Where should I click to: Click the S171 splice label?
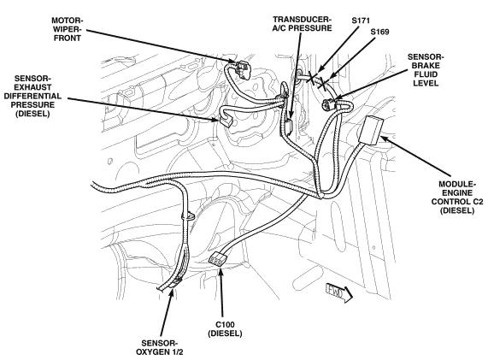361,21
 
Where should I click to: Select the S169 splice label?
379,32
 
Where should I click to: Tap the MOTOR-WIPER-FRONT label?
68,29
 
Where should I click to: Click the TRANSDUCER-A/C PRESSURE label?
302,24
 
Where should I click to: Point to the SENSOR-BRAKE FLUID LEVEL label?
426,70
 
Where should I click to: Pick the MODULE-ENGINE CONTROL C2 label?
457,198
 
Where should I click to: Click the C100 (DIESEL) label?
225,329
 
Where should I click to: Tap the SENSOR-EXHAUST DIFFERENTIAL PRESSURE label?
32,96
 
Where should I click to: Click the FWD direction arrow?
338,292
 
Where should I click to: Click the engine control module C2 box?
372,130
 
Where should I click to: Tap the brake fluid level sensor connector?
328,104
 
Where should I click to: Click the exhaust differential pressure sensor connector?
226,121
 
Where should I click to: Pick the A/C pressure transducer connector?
288,127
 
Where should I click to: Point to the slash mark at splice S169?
322,84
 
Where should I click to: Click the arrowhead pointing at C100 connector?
220,272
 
